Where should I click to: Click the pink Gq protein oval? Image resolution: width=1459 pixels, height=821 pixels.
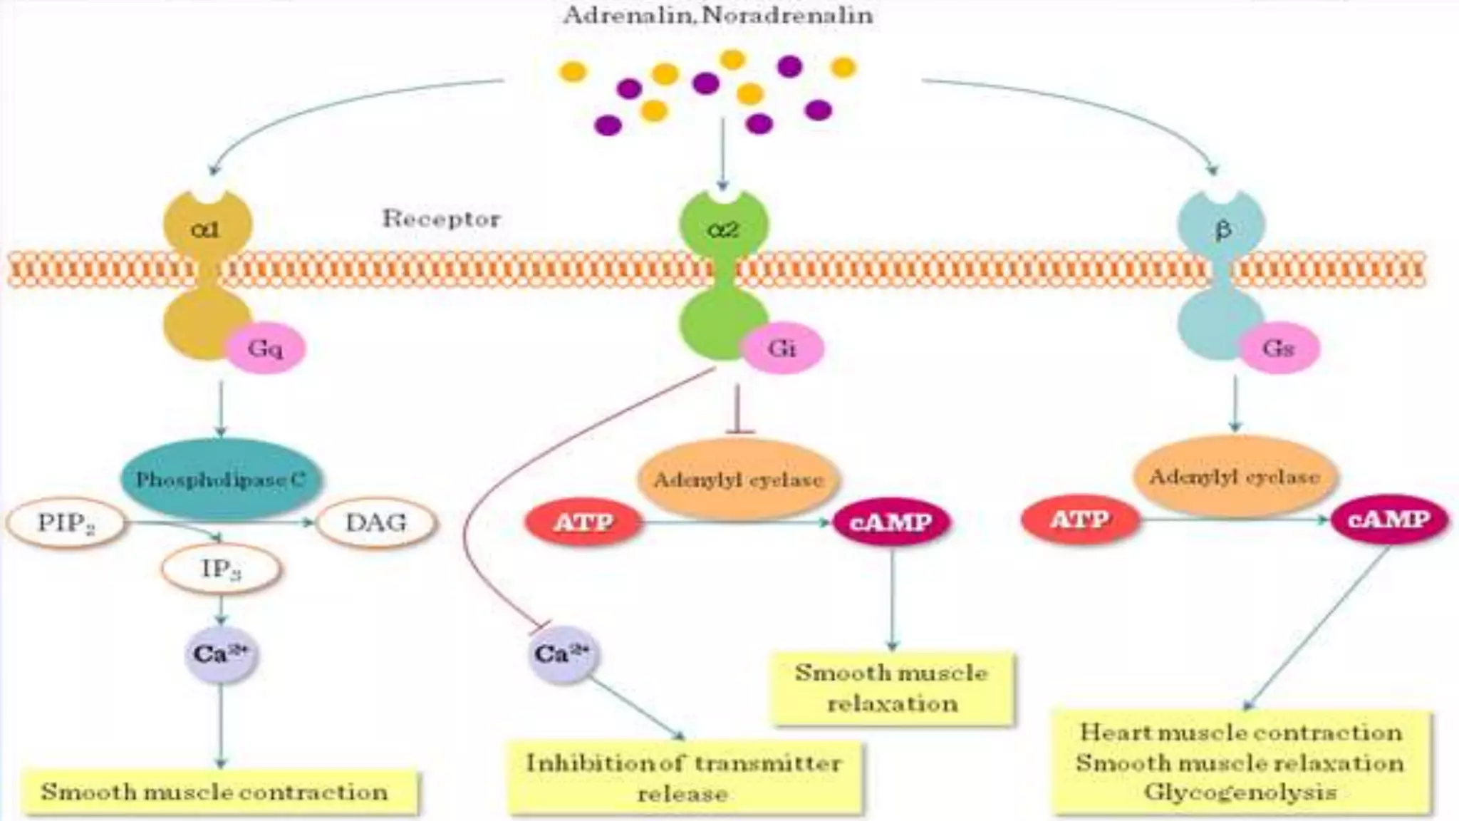click(265, 348)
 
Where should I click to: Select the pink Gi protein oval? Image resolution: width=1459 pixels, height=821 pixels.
click(782, 348)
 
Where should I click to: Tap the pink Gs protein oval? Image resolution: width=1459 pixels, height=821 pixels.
click(1278, 348)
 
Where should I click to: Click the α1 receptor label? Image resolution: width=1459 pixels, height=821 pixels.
click(207, 229)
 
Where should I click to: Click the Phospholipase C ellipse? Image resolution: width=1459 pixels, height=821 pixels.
click(221, 480)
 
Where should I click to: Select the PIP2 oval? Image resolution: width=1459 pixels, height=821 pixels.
click(66, 523)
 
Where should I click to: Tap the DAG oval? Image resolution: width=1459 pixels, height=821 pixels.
click(376, 523)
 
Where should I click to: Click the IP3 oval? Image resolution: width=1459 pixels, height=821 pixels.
click(221, 569)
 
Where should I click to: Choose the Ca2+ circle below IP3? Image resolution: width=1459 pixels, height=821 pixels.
click(221, 654)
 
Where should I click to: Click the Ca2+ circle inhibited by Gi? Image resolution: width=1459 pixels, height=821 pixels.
click(563, 654)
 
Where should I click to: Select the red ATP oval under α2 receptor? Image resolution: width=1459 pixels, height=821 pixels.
click(583, 522)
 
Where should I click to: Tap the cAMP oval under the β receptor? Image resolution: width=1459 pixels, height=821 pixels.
click(1389, 520)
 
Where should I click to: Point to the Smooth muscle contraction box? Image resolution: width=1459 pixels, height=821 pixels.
click(215, 791)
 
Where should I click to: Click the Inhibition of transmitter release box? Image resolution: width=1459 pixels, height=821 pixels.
click(684, 778)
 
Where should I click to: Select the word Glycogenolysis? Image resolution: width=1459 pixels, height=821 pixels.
click(1240, 792)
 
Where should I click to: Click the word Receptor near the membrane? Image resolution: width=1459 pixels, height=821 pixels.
click(441, 218)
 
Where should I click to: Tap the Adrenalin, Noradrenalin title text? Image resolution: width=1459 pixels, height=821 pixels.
click(718, 14)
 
